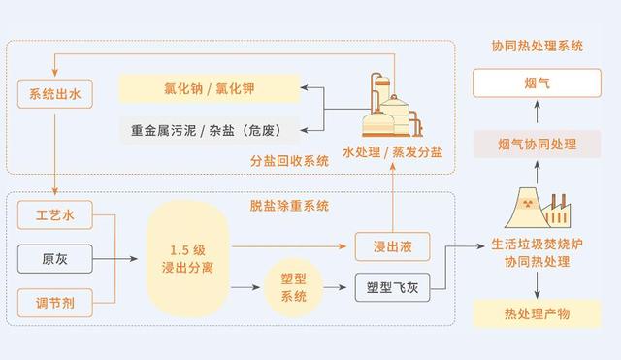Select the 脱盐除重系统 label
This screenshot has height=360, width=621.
[x=289, y=206]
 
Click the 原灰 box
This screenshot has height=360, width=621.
[x=55, y=258]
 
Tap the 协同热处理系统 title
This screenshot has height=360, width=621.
[x=537, y=46]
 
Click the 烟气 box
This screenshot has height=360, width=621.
[x=537, y=83]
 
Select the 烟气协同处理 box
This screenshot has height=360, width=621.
[x=537, y=145]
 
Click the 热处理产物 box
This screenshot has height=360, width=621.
[x=537, y=312]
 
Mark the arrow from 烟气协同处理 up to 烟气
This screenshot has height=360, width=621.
[x=537, y=114]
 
